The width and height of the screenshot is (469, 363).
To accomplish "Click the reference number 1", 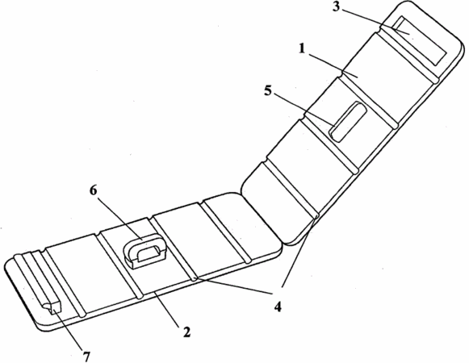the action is [302, 48].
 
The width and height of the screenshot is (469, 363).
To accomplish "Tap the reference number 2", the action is [186, 332].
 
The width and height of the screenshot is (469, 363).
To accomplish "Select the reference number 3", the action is [336, 7].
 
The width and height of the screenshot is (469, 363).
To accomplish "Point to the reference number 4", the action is [278, 307].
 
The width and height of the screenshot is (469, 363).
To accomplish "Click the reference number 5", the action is [268, 90].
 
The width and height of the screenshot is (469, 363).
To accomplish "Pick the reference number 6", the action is [94, 190].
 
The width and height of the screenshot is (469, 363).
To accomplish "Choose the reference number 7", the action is [86, 357].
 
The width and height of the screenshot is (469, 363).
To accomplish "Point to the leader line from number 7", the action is [68, 331].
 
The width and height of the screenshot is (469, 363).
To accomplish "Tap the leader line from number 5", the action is [304, 110].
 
